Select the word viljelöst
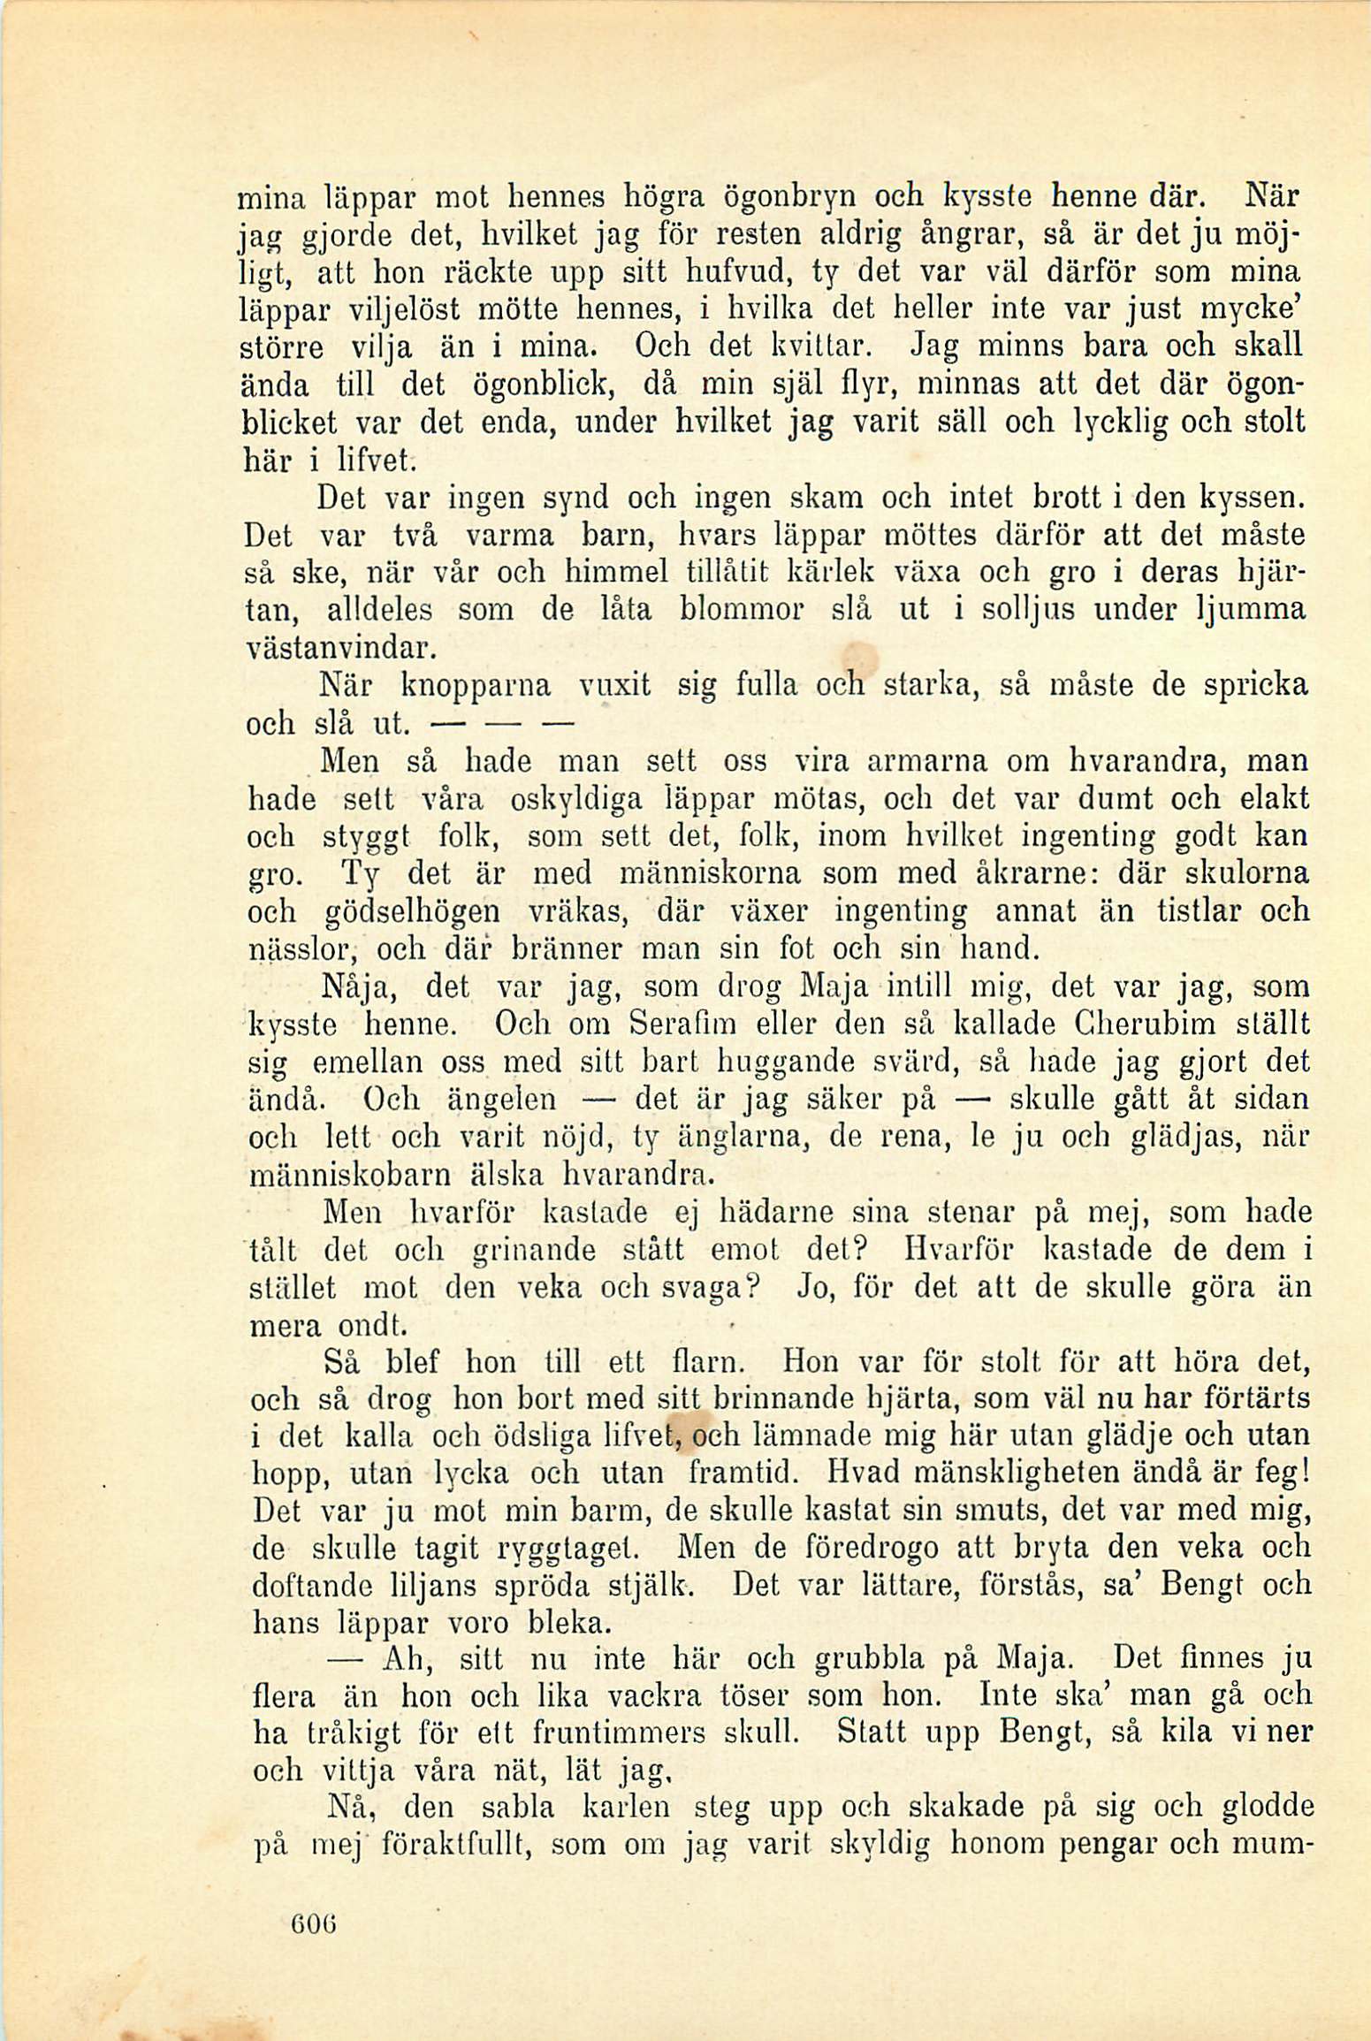401,310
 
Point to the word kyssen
1251,498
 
